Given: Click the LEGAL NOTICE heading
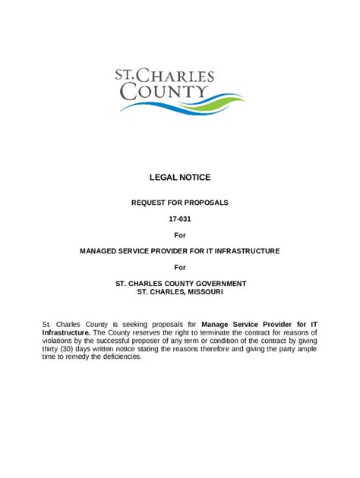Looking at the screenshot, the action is point(180,178).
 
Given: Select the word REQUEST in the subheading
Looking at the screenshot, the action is point(150,203).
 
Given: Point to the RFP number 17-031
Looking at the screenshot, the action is point(180,219).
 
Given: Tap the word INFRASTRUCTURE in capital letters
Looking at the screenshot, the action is point(245,250).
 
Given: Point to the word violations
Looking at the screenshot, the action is point(61,341).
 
